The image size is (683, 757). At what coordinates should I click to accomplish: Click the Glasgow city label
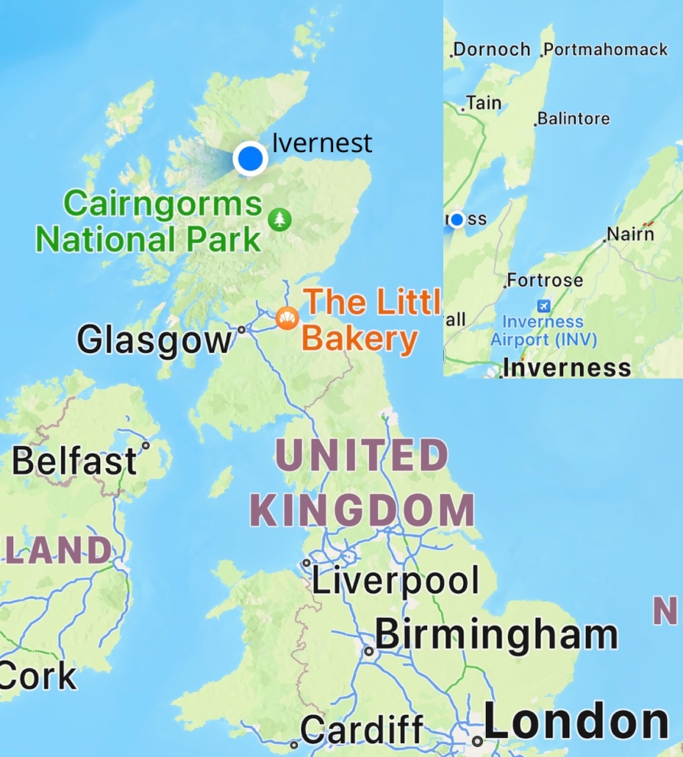click(x=153, y=340)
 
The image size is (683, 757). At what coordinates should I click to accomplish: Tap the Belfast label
click(x=74, y=462)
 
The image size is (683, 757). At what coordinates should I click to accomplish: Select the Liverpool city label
click(x=395, y=581)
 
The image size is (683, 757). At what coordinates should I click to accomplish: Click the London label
click(x=576, y=722)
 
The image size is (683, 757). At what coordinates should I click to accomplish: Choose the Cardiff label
click(x=362, y=731)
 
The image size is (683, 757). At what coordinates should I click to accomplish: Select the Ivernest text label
click(x=322, y=143)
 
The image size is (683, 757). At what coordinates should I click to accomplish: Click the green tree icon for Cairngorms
click(x=279, y=219)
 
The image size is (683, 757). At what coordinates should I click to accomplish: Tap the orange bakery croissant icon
click(x=287, y=318)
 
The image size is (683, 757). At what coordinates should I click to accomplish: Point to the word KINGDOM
click(x=362, y=510)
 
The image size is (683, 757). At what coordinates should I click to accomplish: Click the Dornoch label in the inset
click(x=491, y=50)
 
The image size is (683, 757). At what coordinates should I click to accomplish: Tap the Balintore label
click(x=574, y=118)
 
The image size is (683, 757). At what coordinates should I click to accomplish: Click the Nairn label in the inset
click(x=631, y=234)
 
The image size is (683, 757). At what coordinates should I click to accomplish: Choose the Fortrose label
click(x=546, y=280)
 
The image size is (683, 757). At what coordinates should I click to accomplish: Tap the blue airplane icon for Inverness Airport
click(x=543, y=306)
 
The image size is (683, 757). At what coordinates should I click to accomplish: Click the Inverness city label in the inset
click(x=568, y=367)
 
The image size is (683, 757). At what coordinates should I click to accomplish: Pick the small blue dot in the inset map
click(x=457, y=219)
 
